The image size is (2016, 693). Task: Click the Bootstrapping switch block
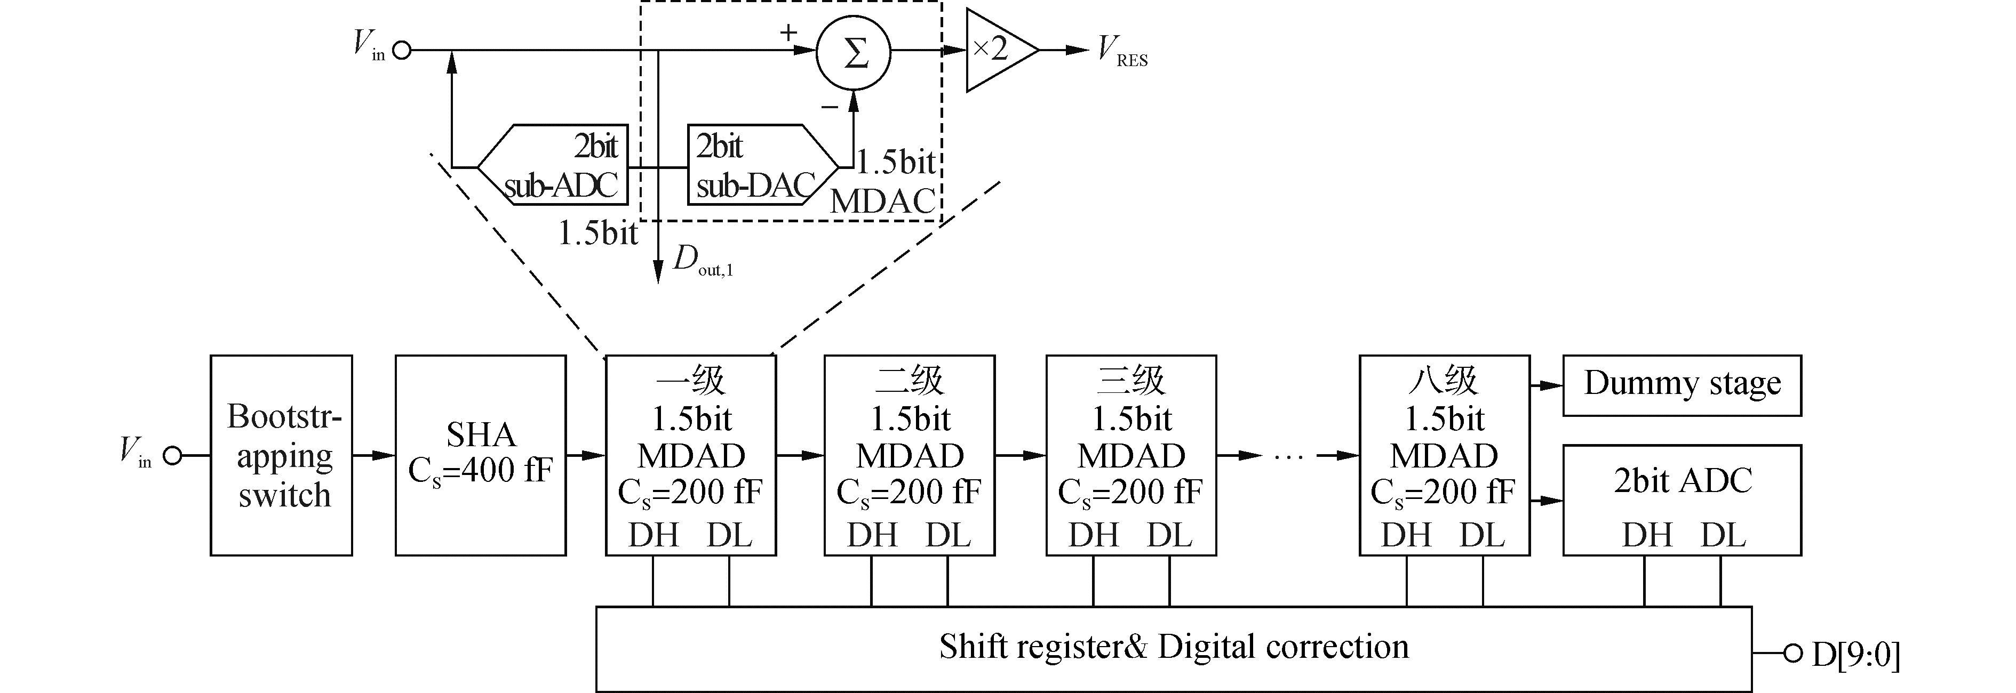pyautogui.click(x=281, y=455)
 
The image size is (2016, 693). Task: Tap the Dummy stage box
pyautogui.click(x=1682, y=385)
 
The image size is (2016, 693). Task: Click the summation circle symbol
pyautogui.click(x=854, y=52)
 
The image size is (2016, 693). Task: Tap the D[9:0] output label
pyautogui.click(x=1855, y=655)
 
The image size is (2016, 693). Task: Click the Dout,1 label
pyautogui.click(x=702, y=261)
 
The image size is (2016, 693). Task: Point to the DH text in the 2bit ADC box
pyautogui.click(x=1647, y=536)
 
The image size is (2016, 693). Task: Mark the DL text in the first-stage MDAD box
pyautogui.click(x=729, y=536)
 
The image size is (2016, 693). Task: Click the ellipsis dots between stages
pyautogui.click(x=1289, y=456)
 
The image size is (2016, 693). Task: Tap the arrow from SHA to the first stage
pyautogui.click(x=585, y=455)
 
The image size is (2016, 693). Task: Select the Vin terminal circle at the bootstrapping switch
pyautogui.click(x=172, y=455)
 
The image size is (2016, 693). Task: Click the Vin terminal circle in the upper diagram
pyautogui.click(x=402, y=51)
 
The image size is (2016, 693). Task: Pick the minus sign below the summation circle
pyautogui.click(x=830, y=107)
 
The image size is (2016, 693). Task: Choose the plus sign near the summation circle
pyautogui.click(x=788, y=33)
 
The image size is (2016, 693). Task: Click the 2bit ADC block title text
pyautogui.click(x=1682, y=480)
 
